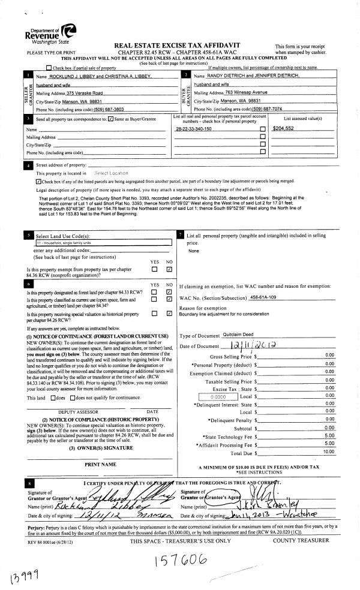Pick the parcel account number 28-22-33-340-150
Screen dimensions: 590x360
[194, 129]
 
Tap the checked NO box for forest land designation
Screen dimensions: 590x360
[169, 292]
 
